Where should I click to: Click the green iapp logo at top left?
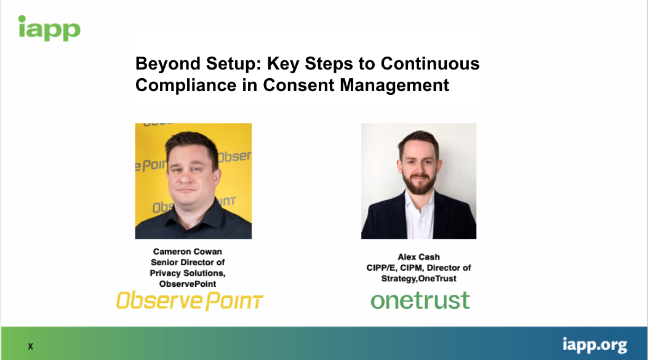[49, 28]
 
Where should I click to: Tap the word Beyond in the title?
[168, 63]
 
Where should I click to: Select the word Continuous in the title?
[430, 63]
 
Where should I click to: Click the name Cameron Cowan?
[188, 252]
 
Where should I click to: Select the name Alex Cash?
[418, 257]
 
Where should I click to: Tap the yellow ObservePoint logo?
[190, 300]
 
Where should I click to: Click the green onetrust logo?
[420, 300]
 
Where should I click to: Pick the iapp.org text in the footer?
[594, 345]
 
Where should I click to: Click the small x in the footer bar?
[30, 346]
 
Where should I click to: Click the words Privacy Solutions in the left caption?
[187, 273]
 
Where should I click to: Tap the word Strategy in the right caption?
[398, 279]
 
